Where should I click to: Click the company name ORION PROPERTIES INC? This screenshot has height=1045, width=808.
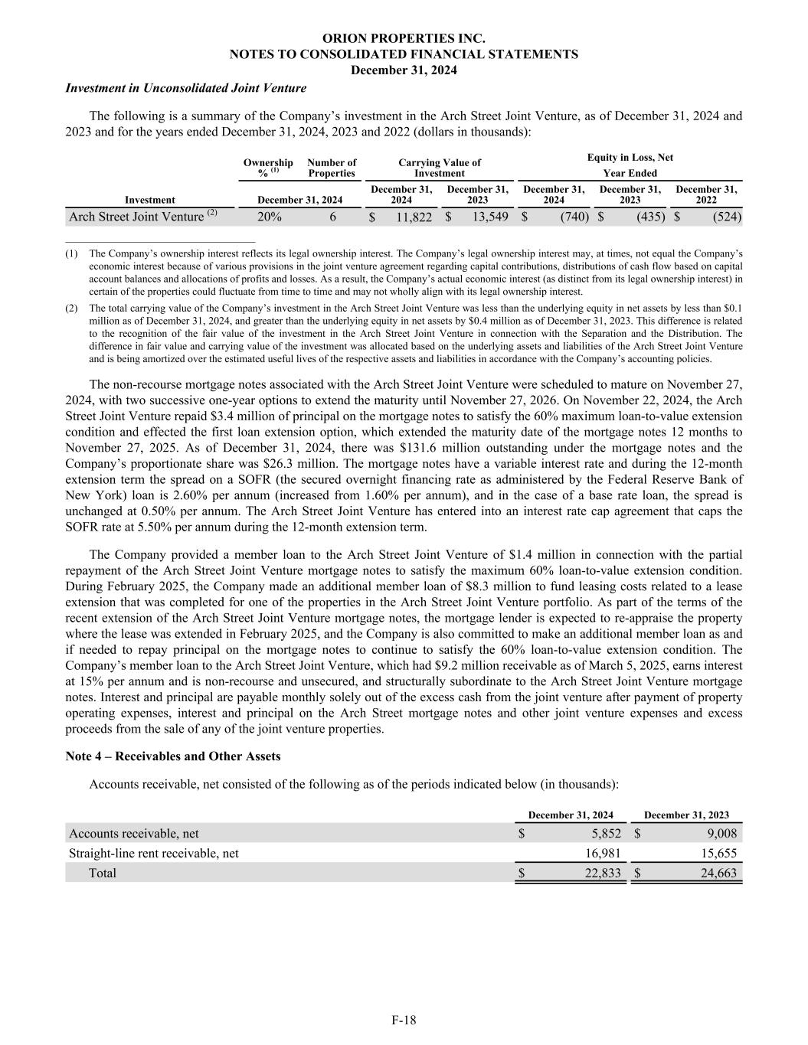pyautogui.click(x=404, y=38)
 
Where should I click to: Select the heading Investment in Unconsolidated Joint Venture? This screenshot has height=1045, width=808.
pyautogui.click(x=186, y=88)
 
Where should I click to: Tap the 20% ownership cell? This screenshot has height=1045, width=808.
pyautogui.click(x=269, y=217)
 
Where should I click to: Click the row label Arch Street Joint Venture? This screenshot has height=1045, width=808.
pyautogui.click(x=136, y=217)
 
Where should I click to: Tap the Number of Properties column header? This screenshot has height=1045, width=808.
pyautogui.click(x=332, y=168)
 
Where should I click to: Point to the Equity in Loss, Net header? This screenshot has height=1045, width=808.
pyautogui.click(x=630, y=157)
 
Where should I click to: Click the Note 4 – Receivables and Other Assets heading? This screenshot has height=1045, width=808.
pyautogui.click(x=173, y=756)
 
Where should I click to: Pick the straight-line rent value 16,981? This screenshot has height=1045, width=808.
pyautogui.click(x=603, y=853)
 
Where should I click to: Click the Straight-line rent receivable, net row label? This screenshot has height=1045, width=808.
pyautogui.click(x=153, y=853)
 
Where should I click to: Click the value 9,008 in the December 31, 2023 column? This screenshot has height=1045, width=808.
pyautogui.click(x=721, y=834)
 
